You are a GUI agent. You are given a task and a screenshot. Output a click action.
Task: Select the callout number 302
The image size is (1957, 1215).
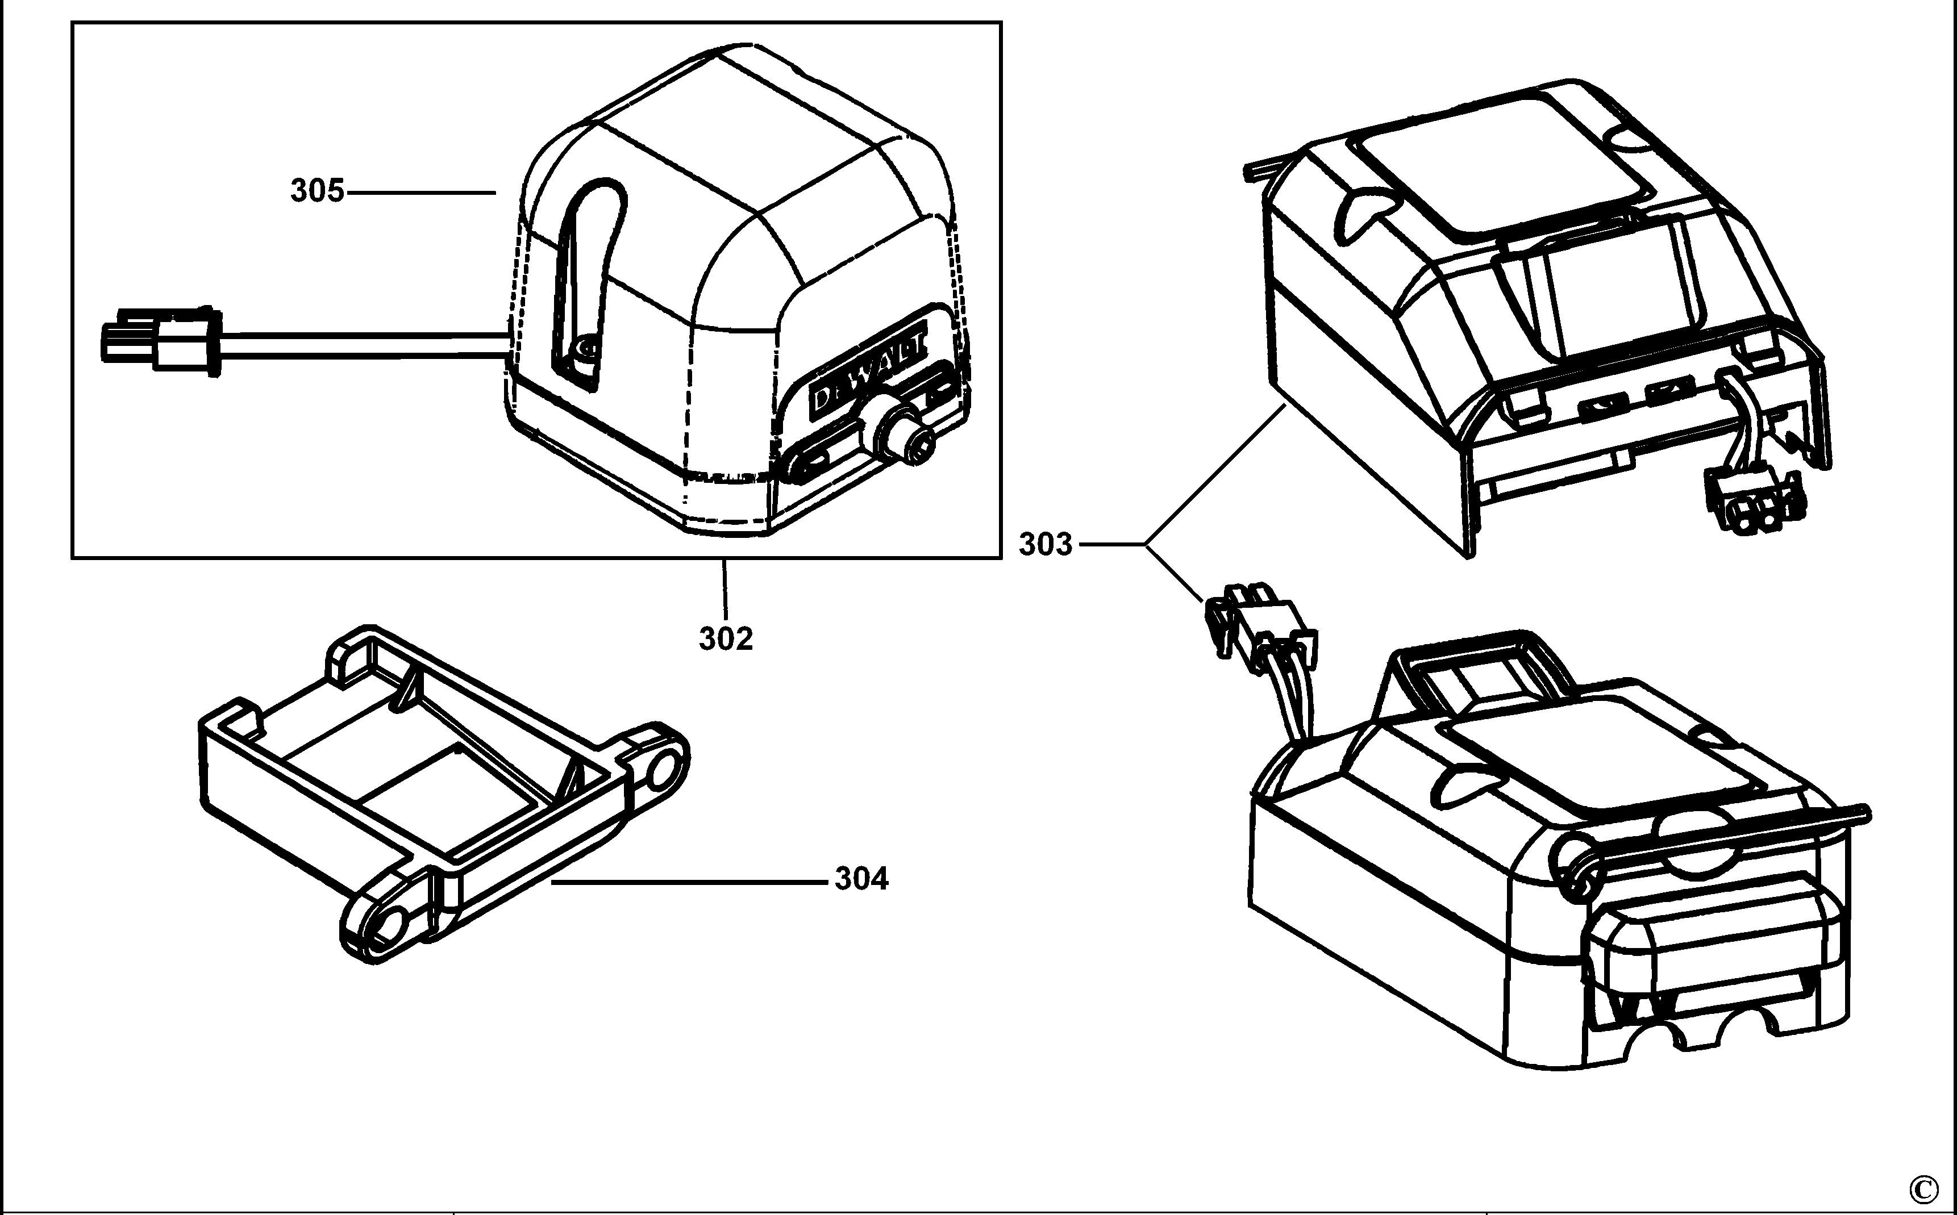click(x=726, y=639)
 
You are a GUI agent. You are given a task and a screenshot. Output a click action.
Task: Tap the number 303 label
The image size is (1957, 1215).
click(x=1046, y=545)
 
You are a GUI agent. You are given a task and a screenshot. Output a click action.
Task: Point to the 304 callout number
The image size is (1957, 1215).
click(x=861, y=879)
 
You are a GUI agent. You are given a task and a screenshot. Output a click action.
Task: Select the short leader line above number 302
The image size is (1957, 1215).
click(x=725, y=589)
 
